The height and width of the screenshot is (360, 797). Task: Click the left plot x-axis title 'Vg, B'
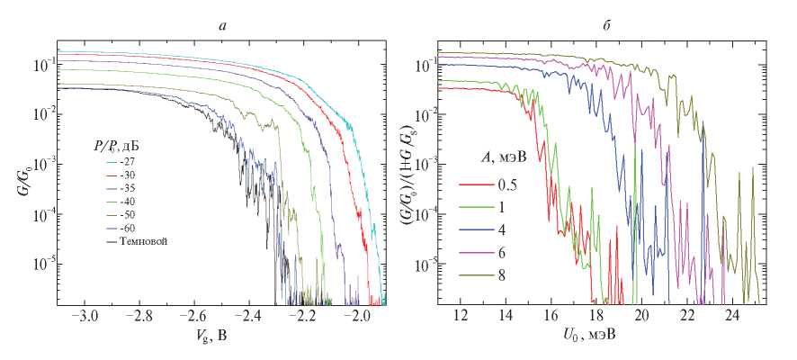222,339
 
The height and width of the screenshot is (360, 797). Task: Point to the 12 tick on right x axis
461,318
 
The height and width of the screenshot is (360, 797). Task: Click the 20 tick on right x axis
642,318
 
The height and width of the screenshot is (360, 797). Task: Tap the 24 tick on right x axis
733,318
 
